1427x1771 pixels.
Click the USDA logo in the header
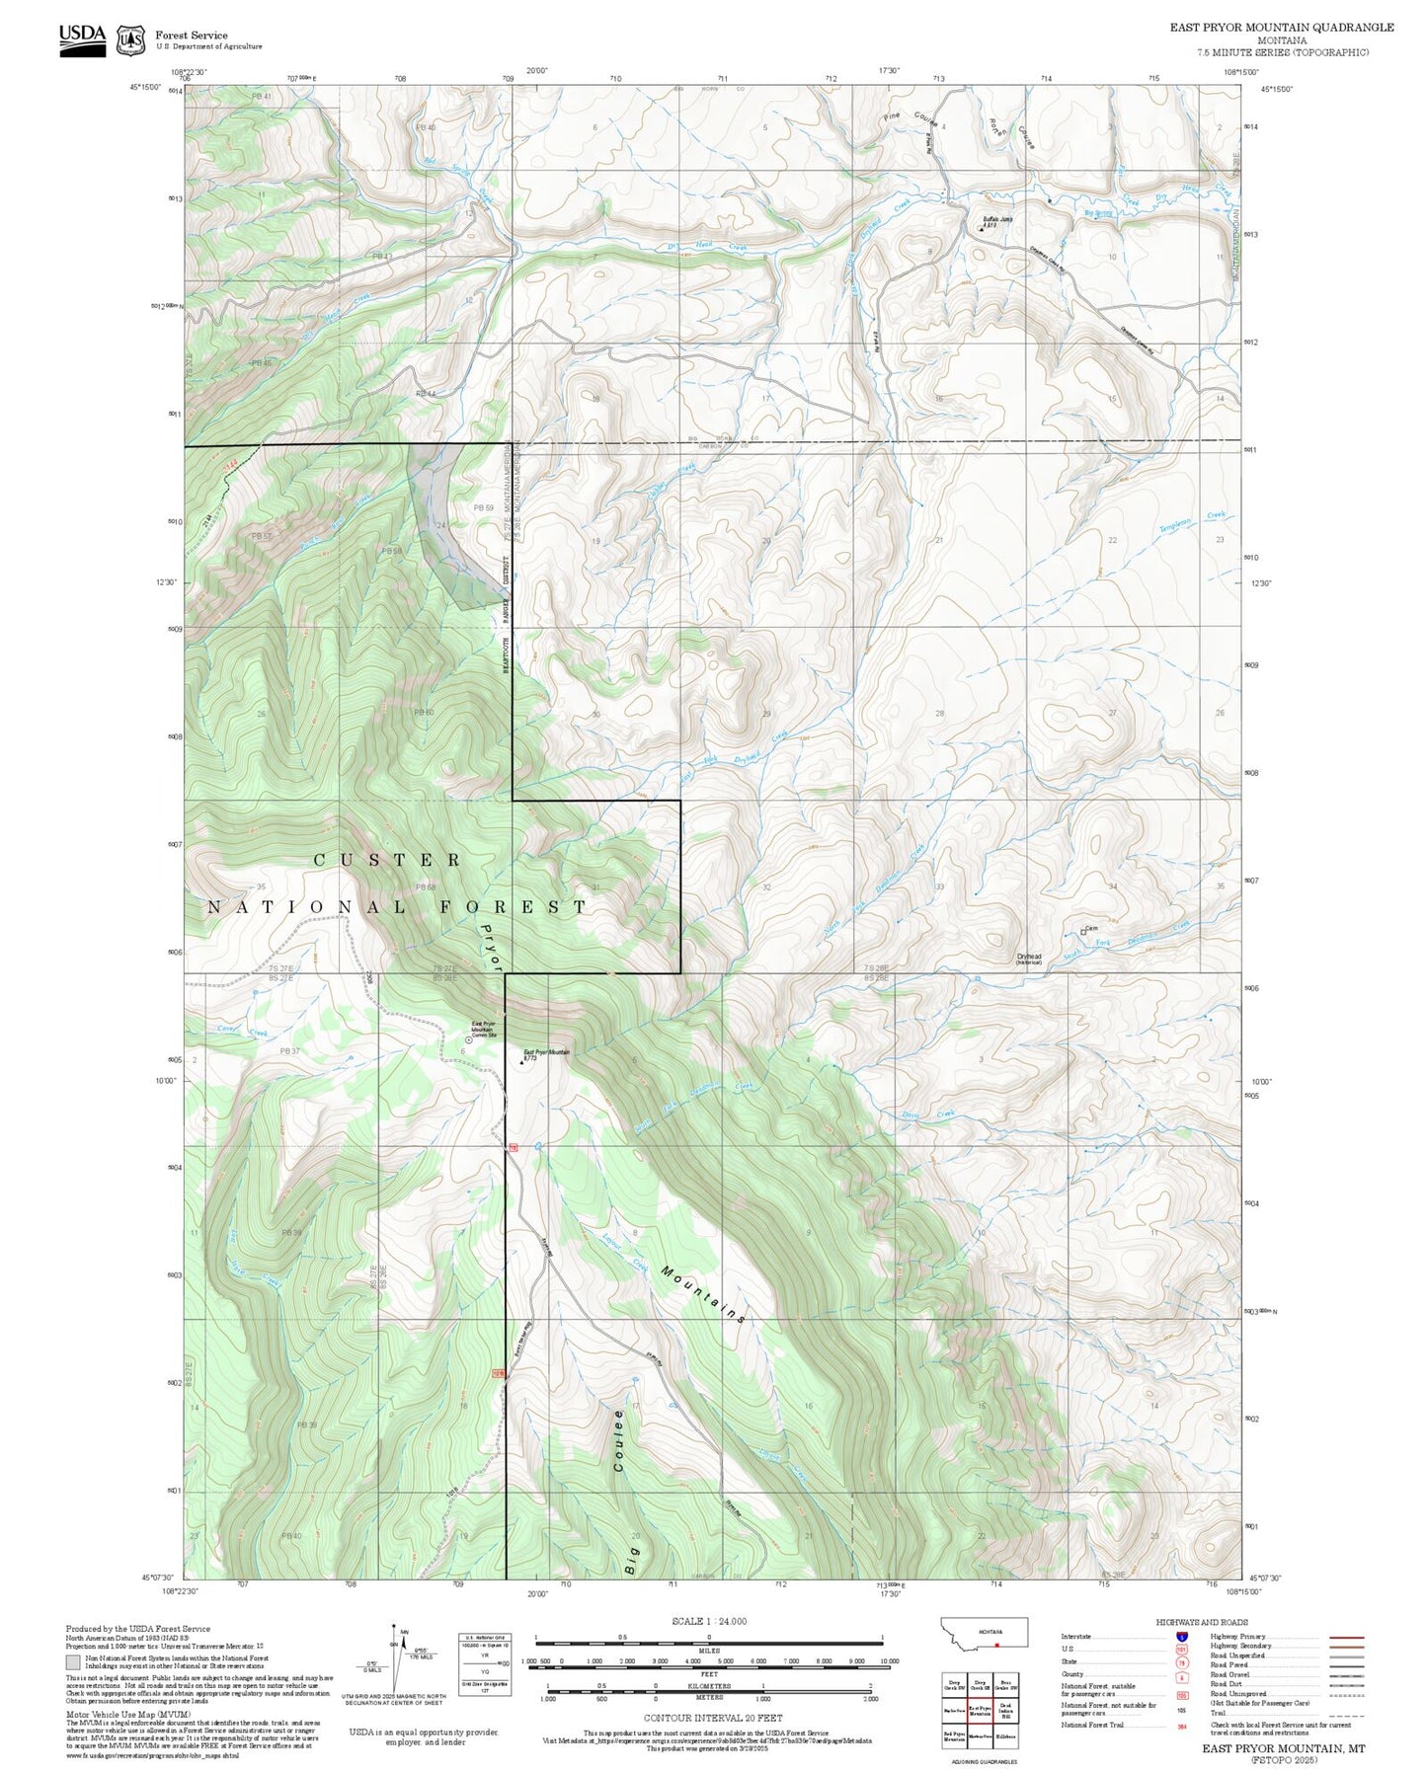82,39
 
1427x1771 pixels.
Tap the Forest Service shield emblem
129,40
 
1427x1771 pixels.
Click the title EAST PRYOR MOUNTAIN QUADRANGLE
1282,28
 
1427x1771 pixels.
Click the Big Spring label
1098,212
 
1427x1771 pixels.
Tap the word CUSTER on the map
387,860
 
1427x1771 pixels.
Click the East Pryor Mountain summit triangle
519,1063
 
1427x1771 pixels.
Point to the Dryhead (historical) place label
1029,958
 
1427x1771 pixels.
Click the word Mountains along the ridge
703,1293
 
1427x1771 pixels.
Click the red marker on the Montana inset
997,1646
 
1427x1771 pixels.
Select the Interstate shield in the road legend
1181,1637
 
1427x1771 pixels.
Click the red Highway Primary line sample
1347,1637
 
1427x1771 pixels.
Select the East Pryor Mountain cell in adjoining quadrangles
980,1711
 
